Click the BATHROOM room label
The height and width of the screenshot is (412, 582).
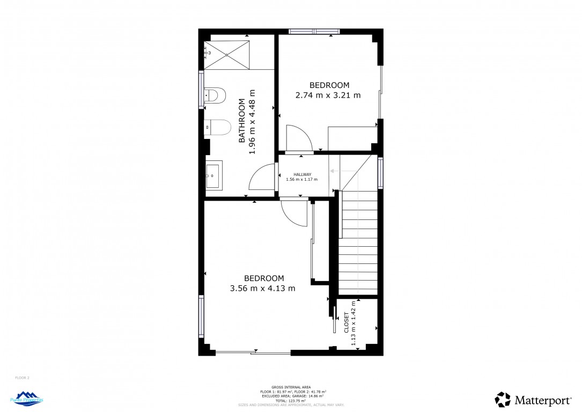click(241, 121)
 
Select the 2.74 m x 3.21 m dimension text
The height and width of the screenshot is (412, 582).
click(328, 95)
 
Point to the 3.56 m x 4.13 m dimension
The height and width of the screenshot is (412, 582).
click(262, 288)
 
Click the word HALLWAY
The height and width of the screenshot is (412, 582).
click(302, 174)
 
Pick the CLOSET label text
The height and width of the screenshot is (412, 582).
click(346, 323)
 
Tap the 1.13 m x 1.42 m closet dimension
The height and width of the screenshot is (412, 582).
click(354, 323)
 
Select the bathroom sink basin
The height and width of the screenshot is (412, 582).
click(213, 175)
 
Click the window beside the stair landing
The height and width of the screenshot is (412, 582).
click(380, 172)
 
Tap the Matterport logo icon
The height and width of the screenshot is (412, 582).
click(503, 400)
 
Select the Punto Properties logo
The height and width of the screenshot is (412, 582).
click(26, 398)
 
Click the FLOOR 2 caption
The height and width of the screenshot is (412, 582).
click(22, 378)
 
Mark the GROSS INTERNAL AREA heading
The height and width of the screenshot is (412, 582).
click(291, 387)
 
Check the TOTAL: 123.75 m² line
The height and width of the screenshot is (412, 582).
click(291, 401)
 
